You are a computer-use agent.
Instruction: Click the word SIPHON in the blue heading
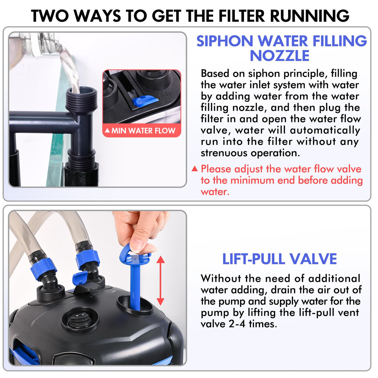click(225, 41)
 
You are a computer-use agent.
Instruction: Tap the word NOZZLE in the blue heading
click(280, 56)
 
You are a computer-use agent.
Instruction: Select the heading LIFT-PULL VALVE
click(279, 259)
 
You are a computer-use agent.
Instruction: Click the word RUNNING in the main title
click(309, 16)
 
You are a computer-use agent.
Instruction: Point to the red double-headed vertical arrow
click(161, 281)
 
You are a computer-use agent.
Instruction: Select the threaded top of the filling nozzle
click(81, 98)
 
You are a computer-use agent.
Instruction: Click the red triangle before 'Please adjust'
click(195, 168)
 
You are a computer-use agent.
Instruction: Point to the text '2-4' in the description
click(237, 324)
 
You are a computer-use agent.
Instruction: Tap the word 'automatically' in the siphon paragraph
click(325, 131)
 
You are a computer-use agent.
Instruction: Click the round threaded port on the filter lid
click(80, 320)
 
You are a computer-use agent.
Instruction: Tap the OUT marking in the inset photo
click(165, 94)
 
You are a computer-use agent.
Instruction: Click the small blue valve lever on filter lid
click(80, 278)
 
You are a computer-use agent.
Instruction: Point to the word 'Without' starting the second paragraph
click(221, 279)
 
